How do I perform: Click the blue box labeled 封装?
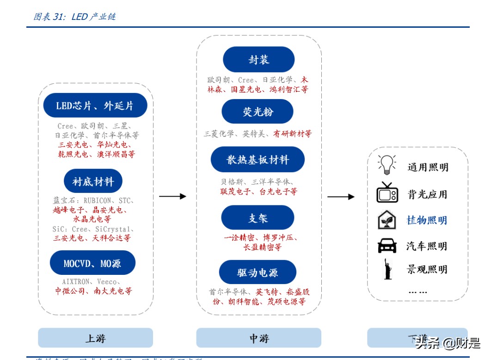(x=258, y=59)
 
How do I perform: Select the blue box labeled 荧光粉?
(x=257, y=111)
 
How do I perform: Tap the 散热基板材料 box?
(x=258, y=160)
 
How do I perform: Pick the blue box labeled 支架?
(x=258, y=217)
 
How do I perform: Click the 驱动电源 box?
(x=258, y=272)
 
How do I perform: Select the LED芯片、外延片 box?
(x=95, y=106)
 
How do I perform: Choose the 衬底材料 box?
(x=93, y=181)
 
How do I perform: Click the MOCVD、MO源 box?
(x=92, y=263)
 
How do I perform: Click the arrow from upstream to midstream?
(x=172, y=196)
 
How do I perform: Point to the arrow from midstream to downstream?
(x=341, y=197)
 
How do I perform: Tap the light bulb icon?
(x=387, y=164)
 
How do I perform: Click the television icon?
(x=387, y=192)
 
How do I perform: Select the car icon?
(x=387, y=245)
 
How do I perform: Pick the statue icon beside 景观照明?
(x=387, y=269)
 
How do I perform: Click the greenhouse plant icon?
(x=387, y=220)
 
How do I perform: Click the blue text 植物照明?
(x=427, y=220)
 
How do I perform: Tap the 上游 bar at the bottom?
(x=95, y=338)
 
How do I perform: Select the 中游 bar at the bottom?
(x=258, y=338)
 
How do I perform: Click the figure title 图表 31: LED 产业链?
(x=74, y=17)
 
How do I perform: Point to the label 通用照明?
(x=428, y=167)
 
